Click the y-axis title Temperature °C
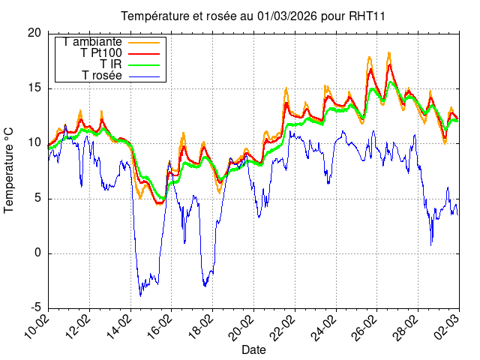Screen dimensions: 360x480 point(10,170)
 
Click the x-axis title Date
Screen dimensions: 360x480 point(253,349)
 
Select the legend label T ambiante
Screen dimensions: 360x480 point(93,42)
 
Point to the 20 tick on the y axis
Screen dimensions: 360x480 point(34,33)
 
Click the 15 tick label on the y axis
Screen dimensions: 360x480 point(34,88)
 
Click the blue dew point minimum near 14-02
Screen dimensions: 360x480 point(140,295)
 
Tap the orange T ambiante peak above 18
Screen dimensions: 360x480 point(389,52)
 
